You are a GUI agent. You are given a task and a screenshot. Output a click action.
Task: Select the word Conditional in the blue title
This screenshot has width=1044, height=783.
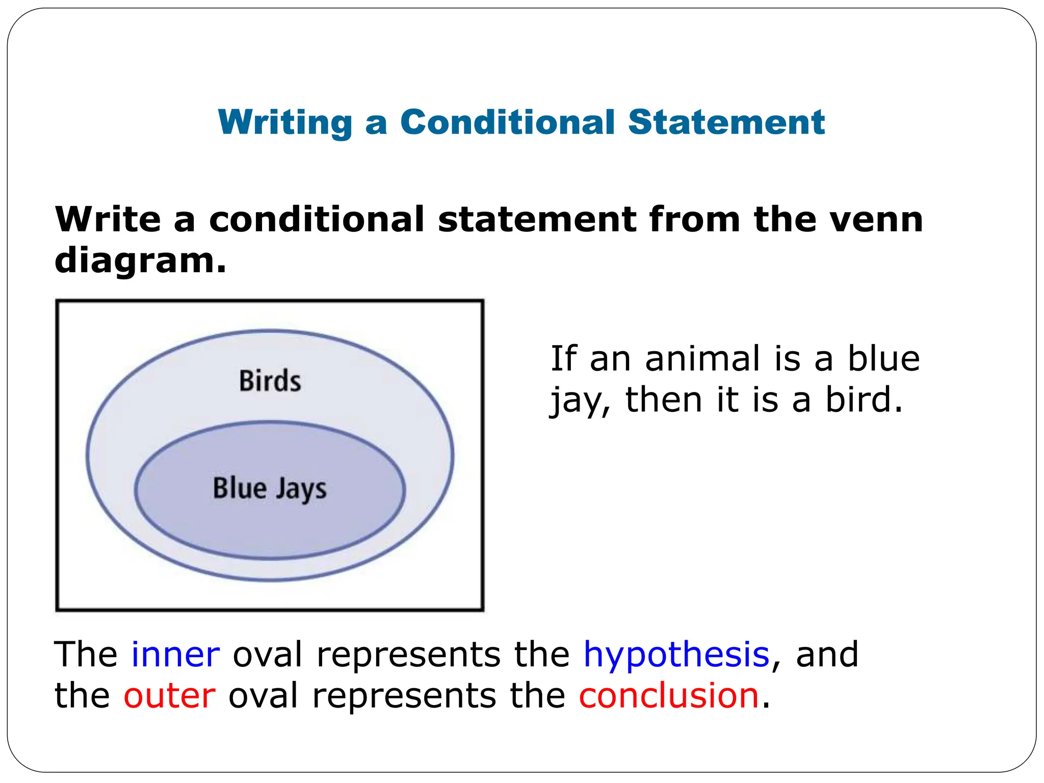[x=507, y=122]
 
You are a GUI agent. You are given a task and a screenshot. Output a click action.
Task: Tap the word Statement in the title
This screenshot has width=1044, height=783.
[x=726, y=122]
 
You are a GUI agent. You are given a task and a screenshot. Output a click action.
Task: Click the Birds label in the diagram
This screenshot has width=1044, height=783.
[x=270, y=381]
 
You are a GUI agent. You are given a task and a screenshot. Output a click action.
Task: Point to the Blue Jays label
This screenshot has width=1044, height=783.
[x=270, y=488]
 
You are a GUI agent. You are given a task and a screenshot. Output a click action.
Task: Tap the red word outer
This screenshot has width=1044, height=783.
[x=169, y=696]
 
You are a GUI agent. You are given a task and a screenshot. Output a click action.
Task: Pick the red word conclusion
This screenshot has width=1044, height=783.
[x=669, y=696]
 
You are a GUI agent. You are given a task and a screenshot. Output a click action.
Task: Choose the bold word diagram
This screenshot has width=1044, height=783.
[x=140, y=261]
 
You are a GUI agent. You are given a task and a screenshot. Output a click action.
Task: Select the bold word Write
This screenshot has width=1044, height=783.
[x=108, y=220]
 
